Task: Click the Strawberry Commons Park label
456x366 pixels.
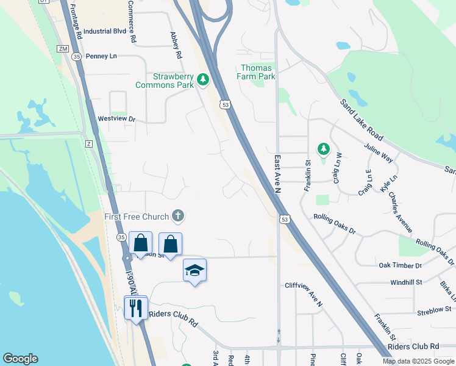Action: pos(173,81)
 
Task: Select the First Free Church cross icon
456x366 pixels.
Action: pos(177,215)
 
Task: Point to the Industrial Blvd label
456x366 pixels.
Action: pos(104,31)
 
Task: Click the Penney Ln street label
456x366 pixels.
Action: pos(101,56)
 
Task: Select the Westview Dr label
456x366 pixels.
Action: pos(116,119)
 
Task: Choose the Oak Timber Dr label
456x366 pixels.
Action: pos(400,265)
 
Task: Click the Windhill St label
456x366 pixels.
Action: pos(407,282)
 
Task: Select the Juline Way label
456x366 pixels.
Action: pos(379,151)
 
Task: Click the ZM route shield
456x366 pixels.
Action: pos(63,48)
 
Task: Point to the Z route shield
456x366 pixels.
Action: pos(89,143)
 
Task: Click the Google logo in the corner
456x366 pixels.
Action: pos(20,359)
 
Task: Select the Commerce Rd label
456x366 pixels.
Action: pos(132,21)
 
